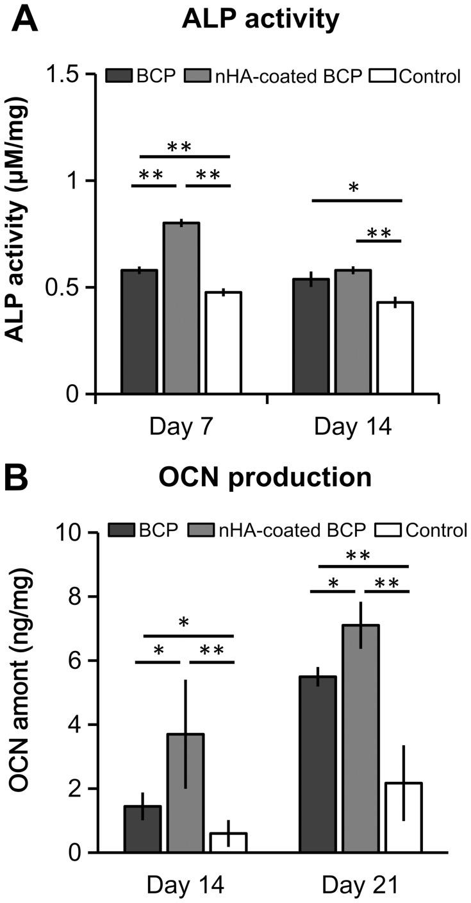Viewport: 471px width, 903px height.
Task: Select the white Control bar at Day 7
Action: [223, 342]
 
